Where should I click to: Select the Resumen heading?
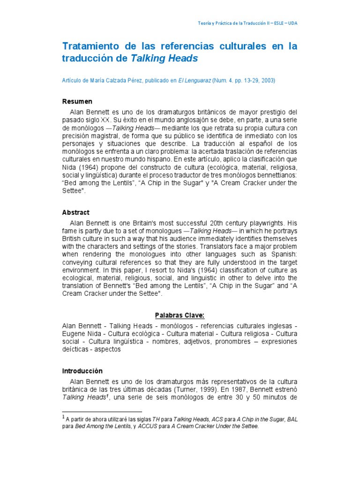77,101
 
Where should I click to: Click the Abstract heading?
76,212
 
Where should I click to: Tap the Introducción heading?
82,371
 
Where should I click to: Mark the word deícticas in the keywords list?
77,349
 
